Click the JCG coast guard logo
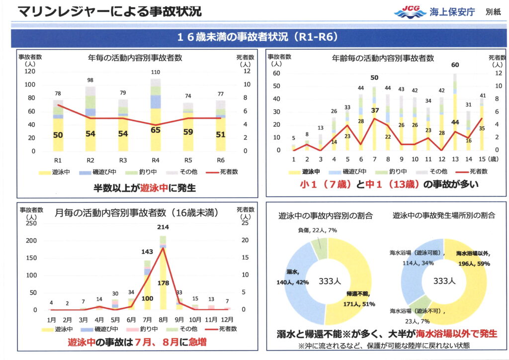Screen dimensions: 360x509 tap(410, 12)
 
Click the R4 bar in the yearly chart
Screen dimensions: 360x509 tap(155, 119)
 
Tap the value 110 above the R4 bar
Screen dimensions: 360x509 tap(155, 73)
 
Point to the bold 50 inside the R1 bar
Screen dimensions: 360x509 tap(58, 135)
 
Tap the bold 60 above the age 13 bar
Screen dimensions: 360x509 tap(455, 65)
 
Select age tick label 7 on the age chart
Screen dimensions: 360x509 tap(374, 159)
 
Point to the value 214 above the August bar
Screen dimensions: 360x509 tap(163, 228)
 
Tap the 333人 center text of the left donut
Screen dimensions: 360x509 tap(328, 281)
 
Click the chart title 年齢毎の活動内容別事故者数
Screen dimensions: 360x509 tap(383, 58)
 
